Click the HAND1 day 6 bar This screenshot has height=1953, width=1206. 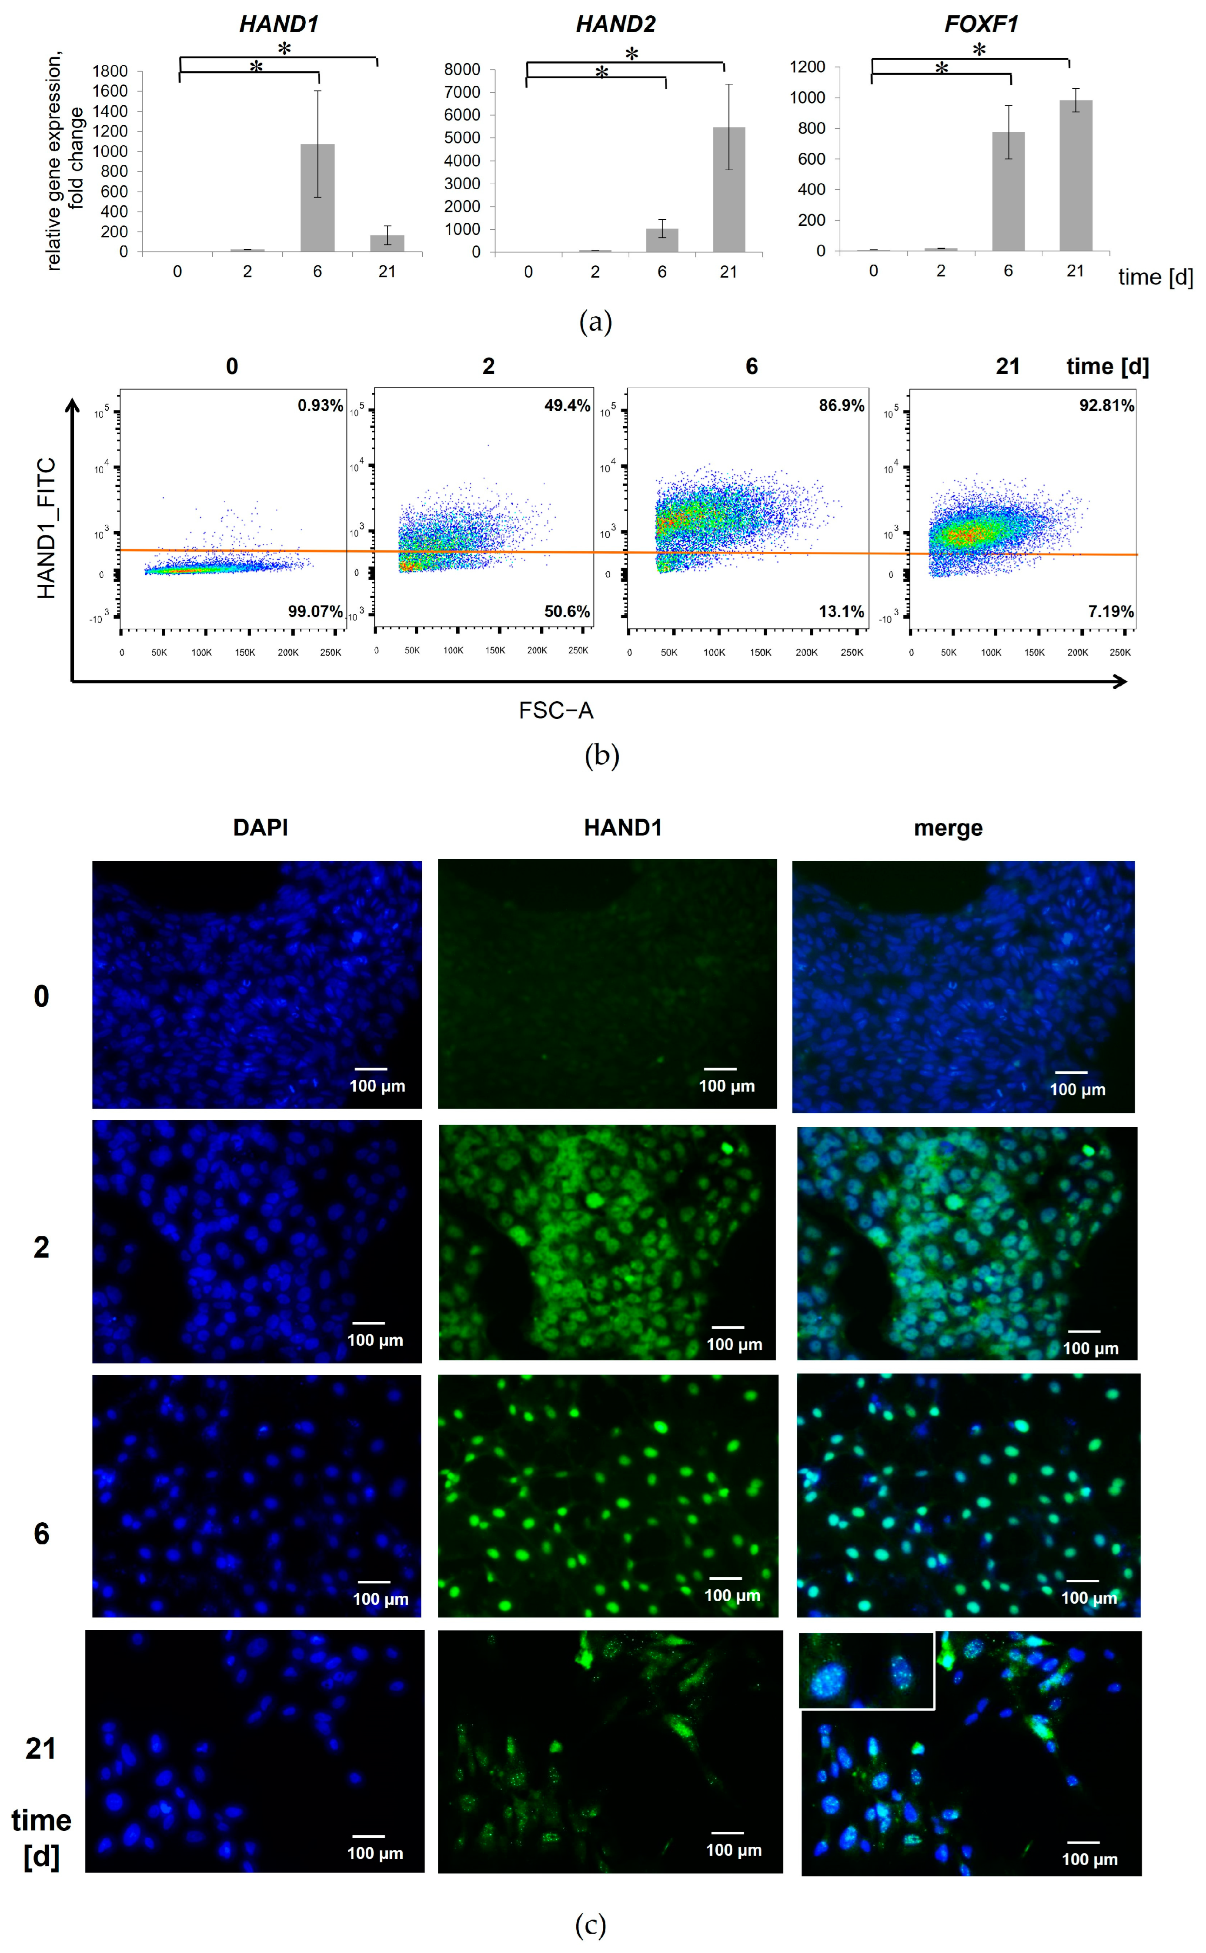coord(317,197)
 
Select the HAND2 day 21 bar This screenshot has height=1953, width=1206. coord(729,189)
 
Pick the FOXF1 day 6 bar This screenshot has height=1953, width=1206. coord(1008,191)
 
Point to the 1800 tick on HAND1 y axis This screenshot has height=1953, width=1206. coord(110,71)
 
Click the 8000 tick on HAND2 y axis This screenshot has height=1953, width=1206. coord(463,70)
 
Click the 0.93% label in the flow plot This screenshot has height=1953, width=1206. coord(320,405)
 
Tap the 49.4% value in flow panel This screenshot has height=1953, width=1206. coord(567,405)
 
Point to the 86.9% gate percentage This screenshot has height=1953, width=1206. coord(842,405)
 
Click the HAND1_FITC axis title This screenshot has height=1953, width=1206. coord(46,528)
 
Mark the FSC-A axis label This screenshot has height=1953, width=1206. coord(556,710)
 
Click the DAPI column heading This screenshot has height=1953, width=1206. coord(260,827)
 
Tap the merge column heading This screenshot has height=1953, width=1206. coord(948,828)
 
